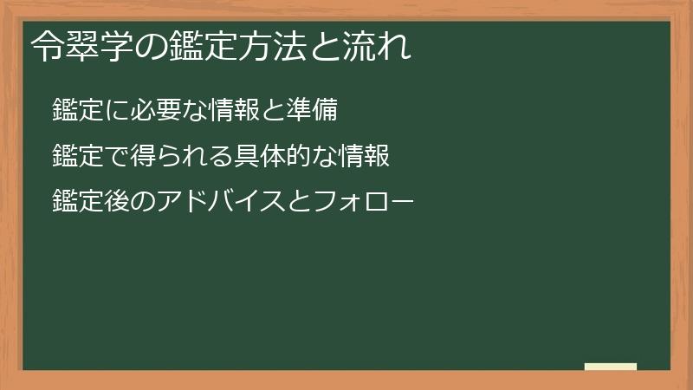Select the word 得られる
pos(159,156)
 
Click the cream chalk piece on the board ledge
pos(610,367)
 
